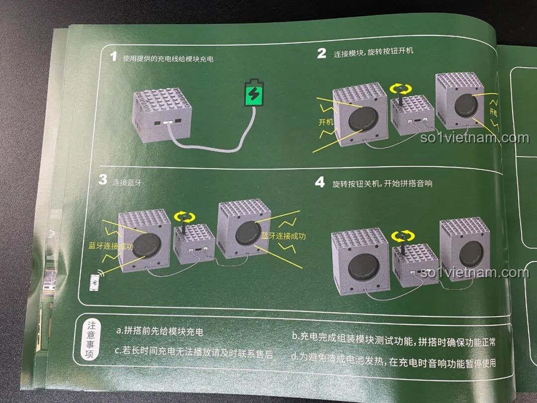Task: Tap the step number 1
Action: tap(113, 57)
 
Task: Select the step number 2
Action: tap(322, 53)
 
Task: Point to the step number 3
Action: tap(102, 180)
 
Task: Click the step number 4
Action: tap(320, 182)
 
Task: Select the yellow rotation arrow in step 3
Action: tap(185, 217)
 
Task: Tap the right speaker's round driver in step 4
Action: tap(470, 254)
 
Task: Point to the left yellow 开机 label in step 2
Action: tap(325, 122)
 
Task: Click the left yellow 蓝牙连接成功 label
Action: tap(111, 246)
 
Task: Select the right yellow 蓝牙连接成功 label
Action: tap(283, 236)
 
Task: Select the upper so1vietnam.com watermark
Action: tap(474, 137)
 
